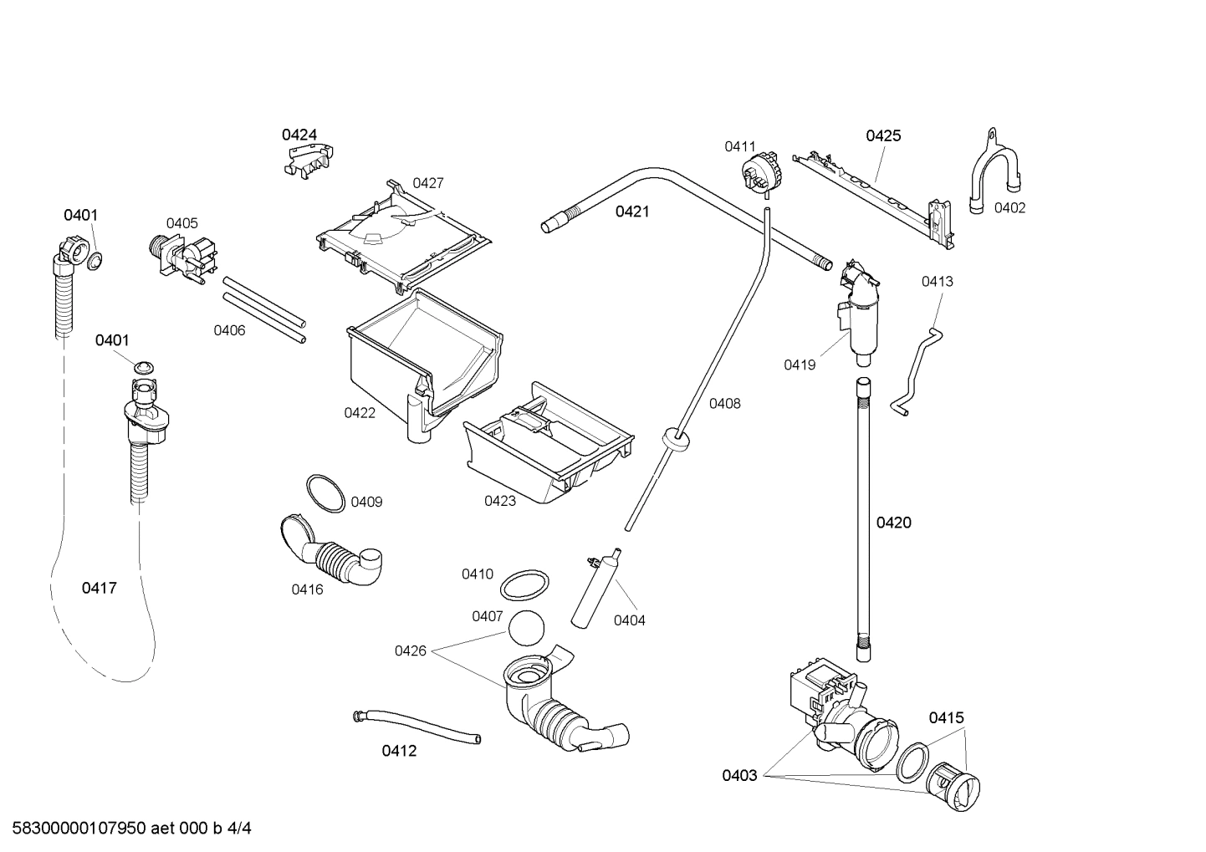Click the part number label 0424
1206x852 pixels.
(x=299, y=135)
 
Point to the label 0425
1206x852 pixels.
(x=882, y=135)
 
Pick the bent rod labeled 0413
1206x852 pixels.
(x=918, y=368)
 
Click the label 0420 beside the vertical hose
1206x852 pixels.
(x=893, y=523)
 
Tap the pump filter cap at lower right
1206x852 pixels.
(x=956, y=786)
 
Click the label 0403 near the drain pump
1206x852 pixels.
(x=739, y=776)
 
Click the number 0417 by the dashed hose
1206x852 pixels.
(x=99, y=589)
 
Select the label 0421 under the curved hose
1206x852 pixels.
(x=631, y=212)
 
